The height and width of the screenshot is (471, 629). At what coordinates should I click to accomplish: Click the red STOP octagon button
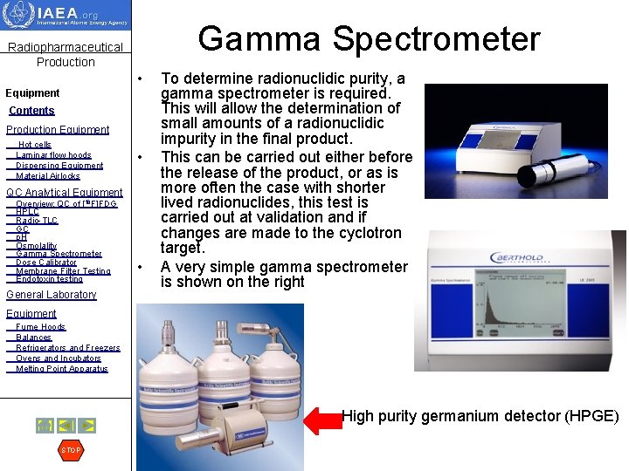[70, 450]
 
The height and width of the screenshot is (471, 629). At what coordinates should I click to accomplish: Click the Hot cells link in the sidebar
[35, 145]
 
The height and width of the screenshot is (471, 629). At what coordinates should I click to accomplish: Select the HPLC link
[27, 212]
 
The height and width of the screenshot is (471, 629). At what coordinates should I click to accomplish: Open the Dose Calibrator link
[46, 263]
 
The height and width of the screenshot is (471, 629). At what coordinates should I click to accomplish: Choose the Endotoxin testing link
[49, 279]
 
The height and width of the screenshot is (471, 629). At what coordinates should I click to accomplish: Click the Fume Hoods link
[40, 327]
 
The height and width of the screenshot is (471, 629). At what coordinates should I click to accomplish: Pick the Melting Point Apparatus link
[62, 369]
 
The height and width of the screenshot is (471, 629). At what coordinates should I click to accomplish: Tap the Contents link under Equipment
[31, 111]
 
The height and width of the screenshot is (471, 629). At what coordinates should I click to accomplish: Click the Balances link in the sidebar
[34, 338]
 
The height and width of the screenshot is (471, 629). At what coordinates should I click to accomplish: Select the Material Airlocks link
[48, 176]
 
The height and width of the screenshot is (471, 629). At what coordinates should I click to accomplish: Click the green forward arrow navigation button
[87, 426]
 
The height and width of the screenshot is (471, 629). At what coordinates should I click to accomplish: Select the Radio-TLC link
[37, 221]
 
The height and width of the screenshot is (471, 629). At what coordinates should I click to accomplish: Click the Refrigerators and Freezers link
[68, 348]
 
